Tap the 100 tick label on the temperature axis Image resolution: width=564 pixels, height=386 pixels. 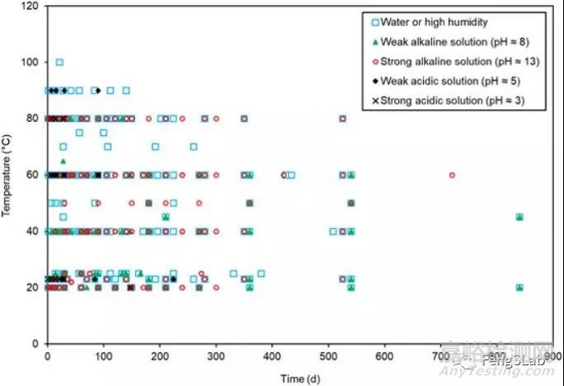tap(31, 62)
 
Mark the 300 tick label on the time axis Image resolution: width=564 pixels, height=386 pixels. tap(216, 355)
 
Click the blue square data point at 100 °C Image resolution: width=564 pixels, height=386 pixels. tap(59, 61)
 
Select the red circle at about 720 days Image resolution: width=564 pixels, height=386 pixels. tap(452, 174)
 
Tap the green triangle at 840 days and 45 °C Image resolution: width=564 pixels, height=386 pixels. tap(519, 217)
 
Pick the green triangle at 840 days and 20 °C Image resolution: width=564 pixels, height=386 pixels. tap(519, 287)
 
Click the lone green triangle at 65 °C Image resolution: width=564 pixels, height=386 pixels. tap(63, 160)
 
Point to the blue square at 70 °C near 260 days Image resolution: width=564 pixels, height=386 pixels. tap(193, 146)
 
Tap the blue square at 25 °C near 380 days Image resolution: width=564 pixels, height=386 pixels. tap(260, 273)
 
